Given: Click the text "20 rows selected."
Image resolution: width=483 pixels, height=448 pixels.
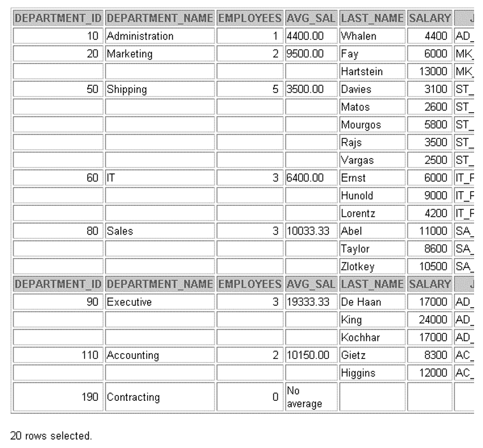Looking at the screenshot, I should tap(52, 436).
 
